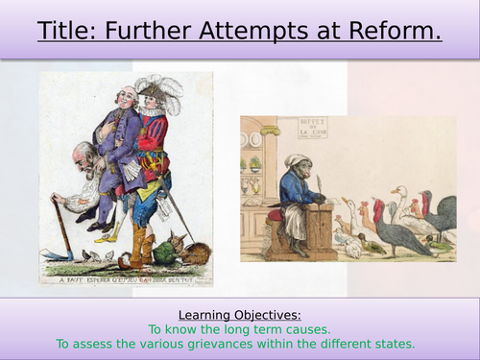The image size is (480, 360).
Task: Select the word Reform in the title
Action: click(390, 32)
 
